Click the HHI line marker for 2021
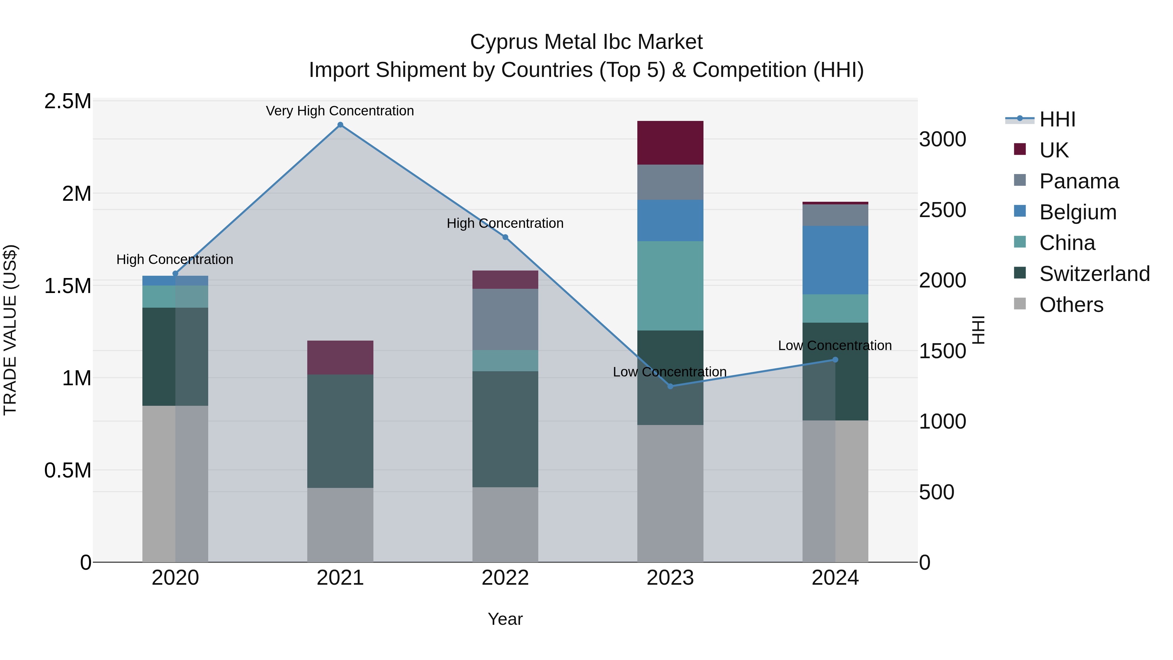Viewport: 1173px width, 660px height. click(x=340, y=125)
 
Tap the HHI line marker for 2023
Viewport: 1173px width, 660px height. click(x=670, y=386)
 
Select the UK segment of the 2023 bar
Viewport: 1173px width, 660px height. click(x=670, y=142)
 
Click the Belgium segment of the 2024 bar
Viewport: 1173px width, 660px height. click(x=835, y=260)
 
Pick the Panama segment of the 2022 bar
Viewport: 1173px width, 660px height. click(x=505, y=319)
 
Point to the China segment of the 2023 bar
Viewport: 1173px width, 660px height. click(x=670, y=286)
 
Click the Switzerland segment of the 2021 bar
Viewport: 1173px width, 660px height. click(x=340, y=431)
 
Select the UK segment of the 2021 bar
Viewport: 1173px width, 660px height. click(x=340, y=358)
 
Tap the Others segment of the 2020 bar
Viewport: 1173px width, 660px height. click(x=175, y=484)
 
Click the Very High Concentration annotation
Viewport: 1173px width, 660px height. click(x=340, y=111)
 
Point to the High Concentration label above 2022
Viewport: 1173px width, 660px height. click(x=505, y=223)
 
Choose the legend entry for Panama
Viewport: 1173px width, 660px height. click(x=1079, y=181)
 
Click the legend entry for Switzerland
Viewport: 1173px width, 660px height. click(x=1094, y=274)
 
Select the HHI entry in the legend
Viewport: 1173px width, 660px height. click(x=1057, y=119)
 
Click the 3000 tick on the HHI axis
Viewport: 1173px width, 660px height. click(x=942, y=139)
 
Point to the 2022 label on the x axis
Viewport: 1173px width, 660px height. click(x=505, y=578)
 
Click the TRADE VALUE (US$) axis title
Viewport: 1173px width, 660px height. click(x=10, y=330)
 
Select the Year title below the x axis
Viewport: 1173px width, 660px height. click(x=505, y=619)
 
